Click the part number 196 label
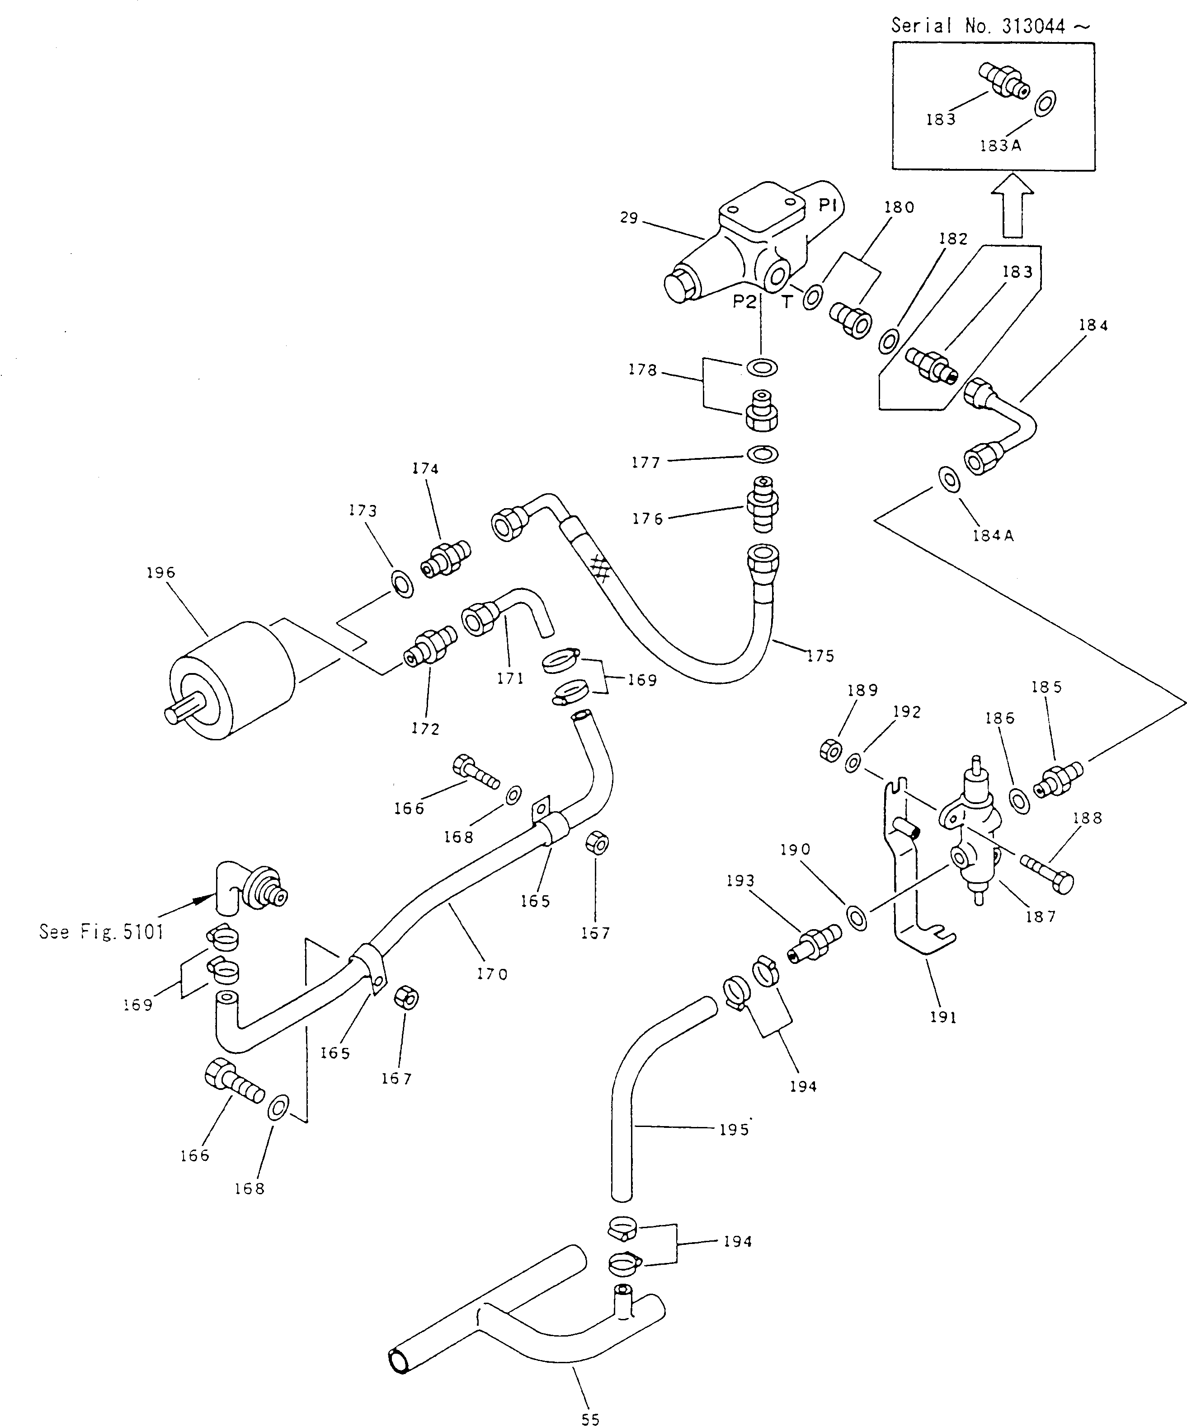pos(161,572)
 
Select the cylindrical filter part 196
pos(231,679)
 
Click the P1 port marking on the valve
pos(827,206)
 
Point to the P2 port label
pos(744,301)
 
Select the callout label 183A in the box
pos(1000,145)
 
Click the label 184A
pos(993,535)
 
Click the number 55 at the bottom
pos(590,1418)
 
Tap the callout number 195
pos(734,1129)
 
